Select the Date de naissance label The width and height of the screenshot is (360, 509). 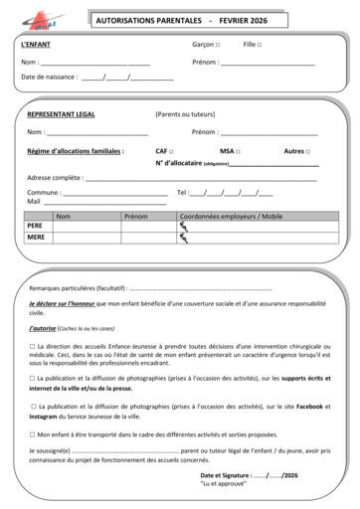pos(50,77)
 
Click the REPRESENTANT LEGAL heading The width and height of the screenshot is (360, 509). pos(62,115)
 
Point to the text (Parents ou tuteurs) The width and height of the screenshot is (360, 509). pos(184,115)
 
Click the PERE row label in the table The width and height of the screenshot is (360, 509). pos(35,226)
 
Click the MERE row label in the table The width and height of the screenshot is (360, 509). pos(36,238)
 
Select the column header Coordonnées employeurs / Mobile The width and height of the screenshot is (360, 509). pos(231,215)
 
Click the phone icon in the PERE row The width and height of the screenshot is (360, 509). pos(183,226)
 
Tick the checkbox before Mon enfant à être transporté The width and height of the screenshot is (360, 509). pos(33,433)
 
